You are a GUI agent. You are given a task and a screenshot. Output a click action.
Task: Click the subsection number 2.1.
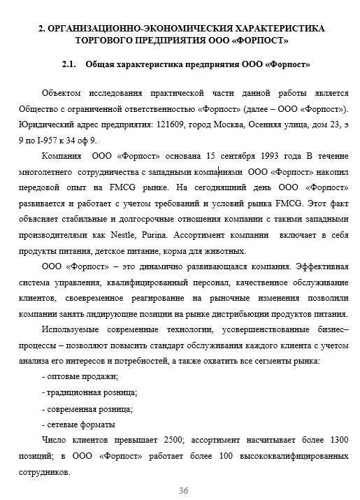(69, 64)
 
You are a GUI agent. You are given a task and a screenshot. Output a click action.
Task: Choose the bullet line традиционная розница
(89, 393)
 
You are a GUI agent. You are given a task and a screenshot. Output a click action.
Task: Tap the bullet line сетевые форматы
(79, 425)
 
